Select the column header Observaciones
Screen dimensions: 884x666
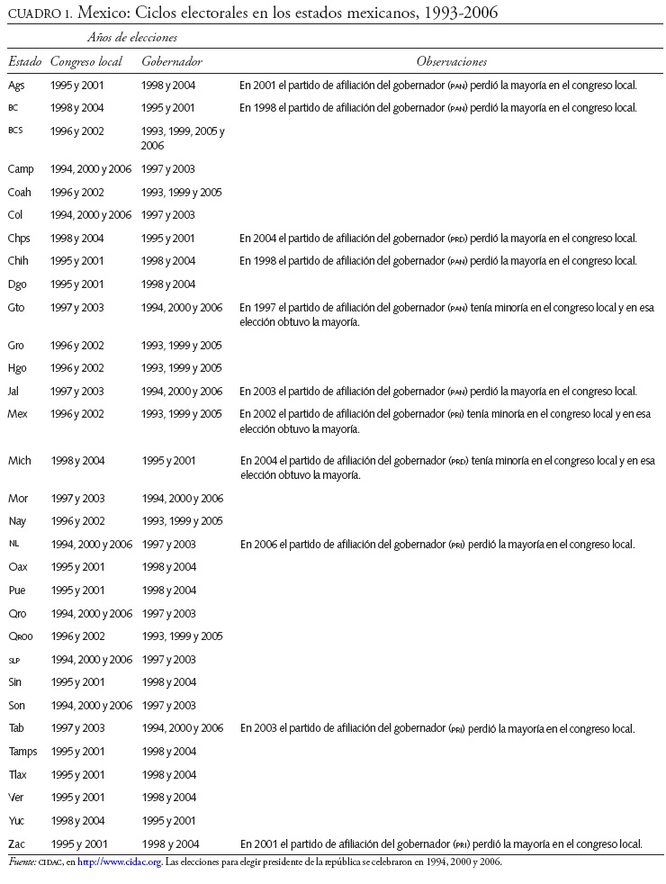tap(451, 61)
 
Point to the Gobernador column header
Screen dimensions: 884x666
tap(171, 61)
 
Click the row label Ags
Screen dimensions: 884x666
tap(16, 85)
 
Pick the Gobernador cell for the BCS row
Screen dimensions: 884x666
tap(183, 138)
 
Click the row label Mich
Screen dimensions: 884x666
tap(19, 460)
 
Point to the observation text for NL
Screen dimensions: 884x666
tap(436, 544)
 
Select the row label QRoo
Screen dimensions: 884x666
tap(21, 636)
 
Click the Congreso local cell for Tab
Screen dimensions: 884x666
tap(77, 727)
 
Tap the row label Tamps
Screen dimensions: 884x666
tap(22, 751)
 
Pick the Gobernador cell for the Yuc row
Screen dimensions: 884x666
tap(168, 820)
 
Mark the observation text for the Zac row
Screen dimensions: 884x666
tap(440, 843)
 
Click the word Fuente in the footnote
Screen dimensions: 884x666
tap(22, 861)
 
